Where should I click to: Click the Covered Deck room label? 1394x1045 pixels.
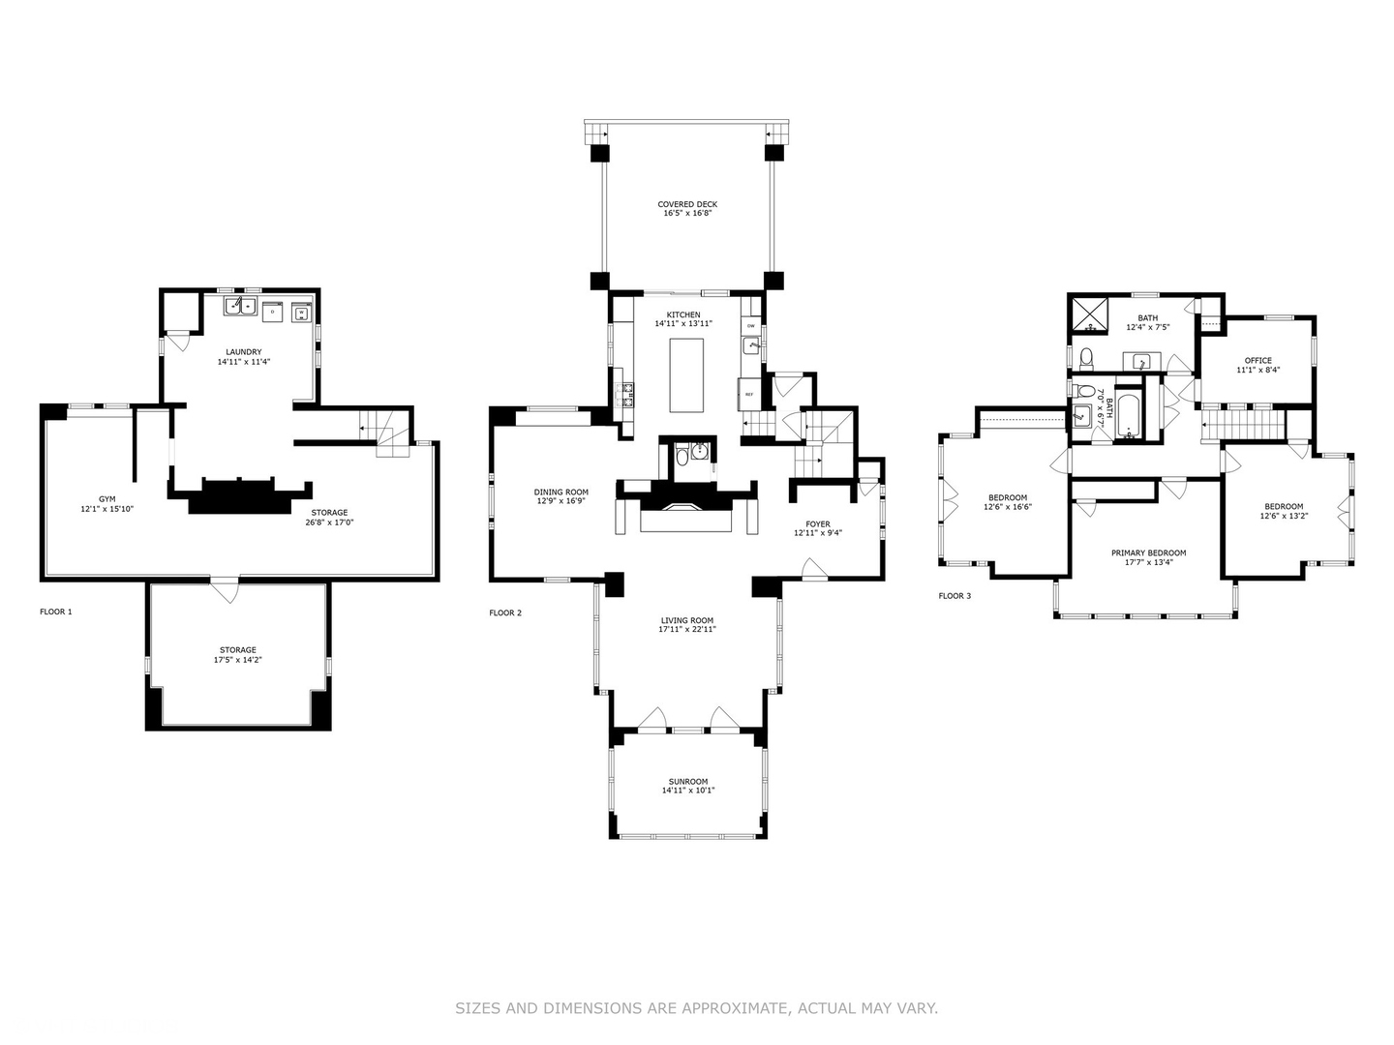tap(687, 204)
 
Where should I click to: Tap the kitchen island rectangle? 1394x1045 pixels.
tap(686, 375)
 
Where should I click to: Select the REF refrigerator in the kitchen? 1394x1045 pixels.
tap(748, 394)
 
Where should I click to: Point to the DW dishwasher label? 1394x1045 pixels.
tap(750, 326)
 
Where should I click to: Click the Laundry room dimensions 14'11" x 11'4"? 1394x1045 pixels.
tap(244, 362)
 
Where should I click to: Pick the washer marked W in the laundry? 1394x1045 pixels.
tap(302, 313)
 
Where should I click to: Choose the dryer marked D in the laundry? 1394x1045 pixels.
tap(273, 312)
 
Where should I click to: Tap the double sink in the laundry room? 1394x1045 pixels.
tap(239, 306)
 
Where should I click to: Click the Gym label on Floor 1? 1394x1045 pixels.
tap(107, 499)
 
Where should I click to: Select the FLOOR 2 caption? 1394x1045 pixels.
tap(505, 612)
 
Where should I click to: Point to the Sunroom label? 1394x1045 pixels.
tap(687, 782)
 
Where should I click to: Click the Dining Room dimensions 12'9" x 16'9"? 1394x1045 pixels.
tap(561, 500)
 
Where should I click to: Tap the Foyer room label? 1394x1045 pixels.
tap(818, 524)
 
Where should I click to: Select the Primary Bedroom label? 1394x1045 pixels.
tap(1149, 553)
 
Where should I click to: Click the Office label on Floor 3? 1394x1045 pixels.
tap(1258, 360)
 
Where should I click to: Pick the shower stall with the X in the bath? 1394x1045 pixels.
tap(1090, 315)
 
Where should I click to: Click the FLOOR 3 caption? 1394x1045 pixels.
tap(955, 596)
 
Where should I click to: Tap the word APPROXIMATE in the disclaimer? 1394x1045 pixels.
tap(737, 1007)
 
